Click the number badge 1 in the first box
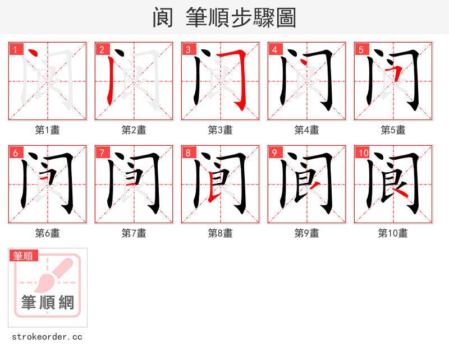(15, 49)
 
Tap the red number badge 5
(361, 49)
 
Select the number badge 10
(363, 153)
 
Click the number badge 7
(102, 153)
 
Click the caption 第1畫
(48, 130)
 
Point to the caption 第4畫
(307, 130)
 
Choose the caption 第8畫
(221, 233)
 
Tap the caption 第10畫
(393, 233)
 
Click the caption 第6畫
(48, 233)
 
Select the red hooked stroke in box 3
(240, 79)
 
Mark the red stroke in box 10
(400, 192)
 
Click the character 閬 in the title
(163, 18)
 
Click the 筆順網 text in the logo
(48, 303)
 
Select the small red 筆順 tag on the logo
(24, 256)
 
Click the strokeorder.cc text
(48, 337)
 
